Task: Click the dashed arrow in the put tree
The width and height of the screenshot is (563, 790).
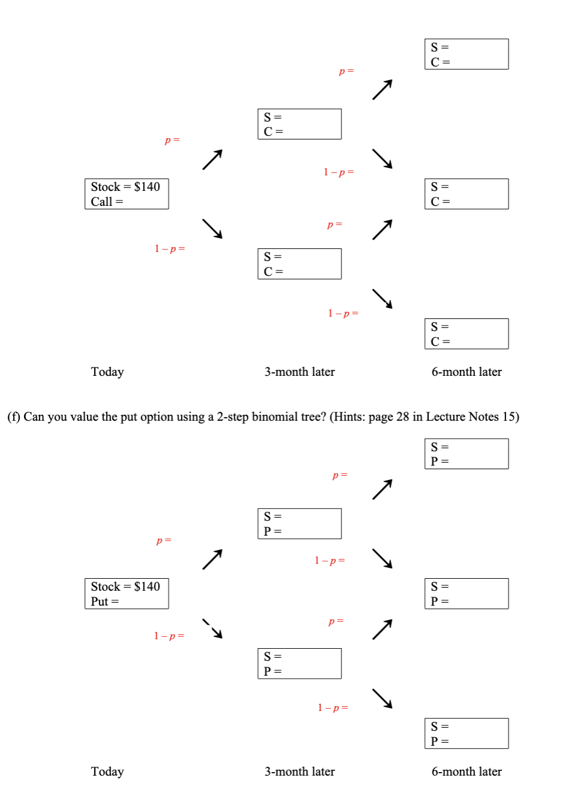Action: [x=213, y=628]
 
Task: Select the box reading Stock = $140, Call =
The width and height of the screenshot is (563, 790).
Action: [x=126, y=194]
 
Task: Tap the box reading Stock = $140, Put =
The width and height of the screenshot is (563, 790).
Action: [x=126, y=594]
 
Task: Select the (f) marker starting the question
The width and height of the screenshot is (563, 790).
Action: [x=13, y=417]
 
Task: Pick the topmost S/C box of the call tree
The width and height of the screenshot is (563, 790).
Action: [x=467, y=54]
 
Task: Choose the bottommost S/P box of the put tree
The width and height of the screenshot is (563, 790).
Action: [x=467, y=734]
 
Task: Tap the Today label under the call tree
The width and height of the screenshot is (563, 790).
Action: [x=107, y=372]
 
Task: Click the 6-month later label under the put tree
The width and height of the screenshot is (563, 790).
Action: [x=467, y=771]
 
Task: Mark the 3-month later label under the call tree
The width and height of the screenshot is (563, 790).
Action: [x=299, y=372]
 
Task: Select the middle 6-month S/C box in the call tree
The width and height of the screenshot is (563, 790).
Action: [x=467, y=194]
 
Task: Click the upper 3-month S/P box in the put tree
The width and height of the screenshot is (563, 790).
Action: [x=299, y=524]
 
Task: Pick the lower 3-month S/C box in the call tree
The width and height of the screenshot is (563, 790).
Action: [x=299, y=264]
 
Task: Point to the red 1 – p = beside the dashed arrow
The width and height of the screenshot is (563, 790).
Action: [x=169, y=636]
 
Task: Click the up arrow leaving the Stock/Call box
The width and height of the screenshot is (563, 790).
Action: [x=213, y=159]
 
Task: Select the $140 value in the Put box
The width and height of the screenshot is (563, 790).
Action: [x=147, y=587]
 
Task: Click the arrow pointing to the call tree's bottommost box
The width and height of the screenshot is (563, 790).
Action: [x=382, y=299]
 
